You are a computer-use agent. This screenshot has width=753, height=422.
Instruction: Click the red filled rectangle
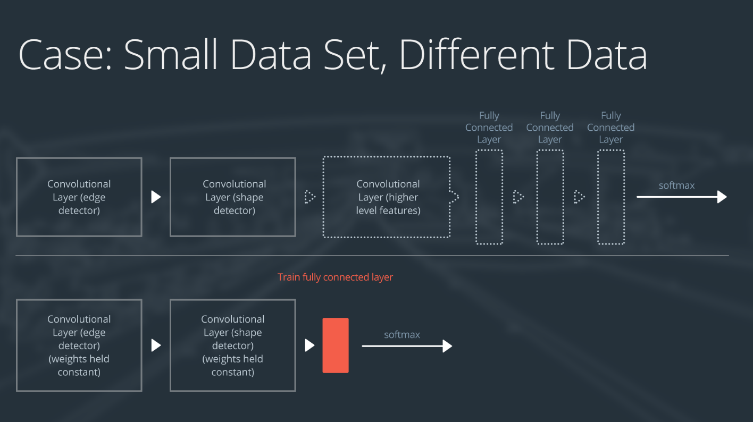pyautogui.click(x=336, y=345)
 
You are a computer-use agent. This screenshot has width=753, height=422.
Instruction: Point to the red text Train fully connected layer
pyautogui.click(x=335, y=277)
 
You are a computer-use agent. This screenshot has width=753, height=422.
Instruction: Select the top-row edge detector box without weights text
pyautogui.click(x=79, y=197)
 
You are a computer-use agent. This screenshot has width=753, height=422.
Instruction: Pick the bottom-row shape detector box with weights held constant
pyautogui.click(x=233, y=345)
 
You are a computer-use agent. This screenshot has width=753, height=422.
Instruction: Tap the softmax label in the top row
pyautogui.click(x=676, y=185)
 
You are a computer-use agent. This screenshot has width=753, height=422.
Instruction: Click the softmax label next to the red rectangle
pyautogui.click(x=402, y=335)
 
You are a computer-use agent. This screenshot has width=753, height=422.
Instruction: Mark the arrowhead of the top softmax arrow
pyautogui.click(x=722, y=197)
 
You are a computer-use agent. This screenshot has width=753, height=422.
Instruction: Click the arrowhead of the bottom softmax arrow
pyautogui.click(x=447, y=347)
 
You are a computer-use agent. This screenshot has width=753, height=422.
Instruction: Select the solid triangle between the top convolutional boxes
pyautogui.click(x=156, y=197)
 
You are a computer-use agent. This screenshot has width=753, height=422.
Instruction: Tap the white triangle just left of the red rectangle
pyautogui.click(x=309, y=345)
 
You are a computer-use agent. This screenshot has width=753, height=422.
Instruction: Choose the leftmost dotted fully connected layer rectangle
pyautogui.click(x=489, y=197)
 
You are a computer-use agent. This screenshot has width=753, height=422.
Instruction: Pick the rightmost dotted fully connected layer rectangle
pyautogui.click(x=611, y=197)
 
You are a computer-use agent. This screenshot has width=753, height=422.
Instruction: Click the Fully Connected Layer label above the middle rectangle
pyautogui.click(x=550, y=128)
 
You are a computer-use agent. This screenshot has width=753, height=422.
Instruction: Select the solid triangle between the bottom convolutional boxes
pyautogui.click(x=156, y=345)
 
